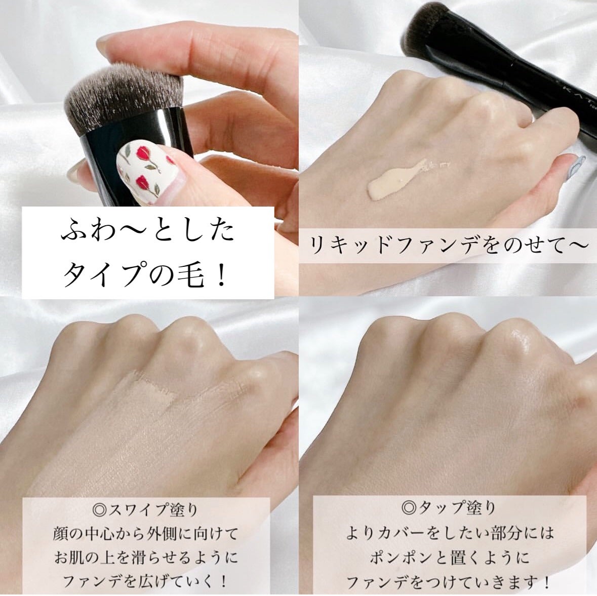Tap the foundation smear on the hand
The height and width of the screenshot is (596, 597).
[x=396, y=179]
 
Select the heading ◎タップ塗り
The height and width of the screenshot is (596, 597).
[x=449, y=507]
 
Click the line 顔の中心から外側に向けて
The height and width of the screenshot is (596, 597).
[x=145, y=534]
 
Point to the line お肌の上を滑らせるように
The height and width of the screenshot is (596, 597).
[x=145, y=558]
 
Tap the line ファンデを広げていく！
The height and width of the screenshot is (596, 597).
[x=145, y=581]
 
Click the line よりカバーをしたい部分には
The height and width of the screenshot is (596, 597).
[x=449, y=532]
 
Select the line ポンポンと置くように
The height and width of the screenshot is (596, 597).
[x=449, y=557]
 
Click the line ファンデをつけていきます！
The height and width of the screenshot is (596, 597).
[x=449, y=581]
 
